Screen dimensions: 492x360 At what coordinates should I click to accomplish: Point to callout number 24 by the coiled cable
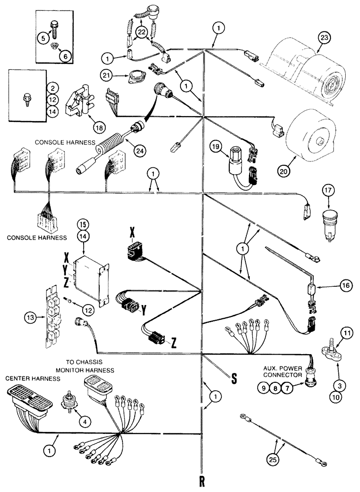[129, 143]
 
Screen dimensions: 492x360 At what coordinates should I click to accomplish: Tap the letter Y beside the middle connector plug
[144, 311]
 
